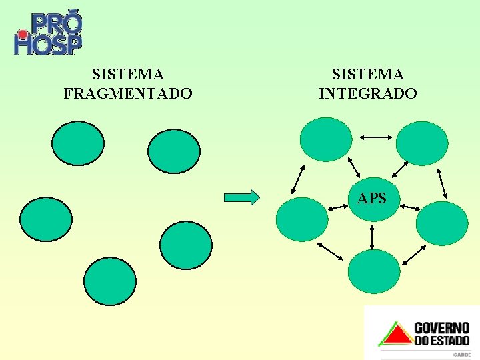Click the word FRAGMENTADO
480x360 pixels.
pyautogui.click(x=128, y=94)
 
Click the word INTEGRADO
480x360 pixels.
pyautogui.click(x=368, y=94)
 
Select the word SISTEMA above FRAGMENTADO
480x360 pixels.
pyautogui.click(x=128, y=73)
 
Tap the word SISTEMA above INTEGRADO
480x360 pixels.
pyautogui.click(x=368, y=73)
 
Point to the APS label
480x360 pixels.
pyautogui.click(x=371, y=198)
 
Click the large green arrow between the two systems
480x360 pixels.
pyautogui.click(x=241, y=197)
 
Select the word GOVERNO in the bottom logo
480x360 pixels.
pyautogui.click(x=442, y=328)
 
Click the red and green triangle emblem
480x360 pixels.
pyautogui.click(x=395, y=334)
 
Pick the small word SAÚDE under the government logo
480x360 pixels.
pyautogui.click(x=462, y=355)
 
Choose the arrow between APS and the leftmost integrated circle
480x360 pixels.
pyautogui.click(x=339, y=207)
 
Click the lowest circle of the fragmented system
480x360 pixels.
pyautogui.click(x=109, y=281)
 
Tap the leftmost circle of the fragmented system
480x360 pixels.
pyautogui.click(x=45, y=219)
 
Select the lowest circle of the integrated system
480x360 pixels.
pyautogui.click(x=374, y=271)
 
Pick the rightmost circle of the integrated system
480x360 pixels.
pyautogui.click(x=442, y=223)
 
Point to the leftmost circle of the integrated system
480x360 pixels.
pyautogui.click(x=302, y=219)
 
